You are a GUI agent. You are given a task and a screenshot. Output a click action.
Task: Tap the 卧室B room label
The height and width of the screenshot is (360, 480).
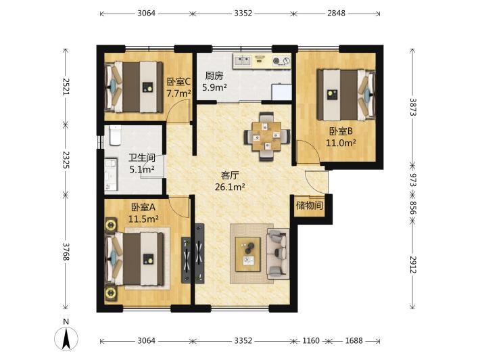(341, 131)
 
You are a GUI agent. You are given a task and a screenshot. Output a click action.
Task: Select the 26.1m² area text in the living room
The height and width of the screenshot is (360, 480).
(230, 187)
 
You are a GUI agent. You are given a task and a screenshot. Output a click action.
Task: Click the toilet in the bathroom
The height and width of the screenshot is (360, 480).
(115, 135)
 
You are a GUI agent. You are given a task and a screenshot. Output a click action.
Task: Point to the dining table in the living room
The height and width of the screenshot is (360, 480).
(266, 136)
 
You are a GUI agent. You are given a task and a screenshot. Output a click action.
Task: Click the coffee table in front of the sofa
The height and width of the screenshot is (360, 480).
(248, 254)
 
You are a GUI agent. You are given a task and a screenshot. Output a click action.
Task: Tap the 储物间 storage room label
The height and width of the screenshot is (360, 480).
(310, 205)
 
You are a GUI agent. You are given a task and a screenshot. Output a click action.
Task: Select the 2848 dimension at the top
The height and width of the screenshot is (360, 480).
(337, 13)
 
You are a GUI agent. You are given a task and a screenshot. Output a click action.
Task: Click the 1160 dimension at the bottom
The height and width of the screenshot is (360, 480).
(311, 340)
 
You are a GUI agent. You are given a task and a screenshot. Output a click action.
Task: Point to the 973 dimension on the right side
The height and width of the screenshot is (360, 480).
(414, 180)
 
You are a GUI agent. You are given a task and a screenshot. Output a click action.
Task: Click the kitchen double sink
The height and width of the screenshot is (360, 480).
(242, 61)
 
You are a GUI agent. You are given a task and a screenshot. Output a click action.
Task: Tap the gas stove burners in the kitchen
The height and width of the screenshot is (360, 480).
(281, 61)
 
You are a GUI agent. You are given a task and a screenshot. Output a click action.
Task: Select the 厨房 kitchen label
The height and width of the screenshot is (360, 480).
(214, 76)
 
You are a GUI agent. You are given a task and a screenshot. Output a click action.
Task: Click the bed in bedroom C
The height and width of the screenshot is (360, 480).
(134, 87)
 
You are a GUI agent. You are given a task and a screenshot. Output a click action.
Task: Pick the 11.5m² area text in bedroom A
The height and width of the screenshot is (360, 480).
(143, 219)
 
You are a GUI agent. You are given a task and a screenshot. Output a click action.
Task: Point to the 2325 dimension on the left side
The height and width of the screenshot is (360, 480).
(66, 160)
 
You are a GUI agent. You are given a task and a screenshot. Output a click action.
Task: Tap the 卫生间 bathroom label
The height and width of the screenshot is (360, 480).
(142, 158)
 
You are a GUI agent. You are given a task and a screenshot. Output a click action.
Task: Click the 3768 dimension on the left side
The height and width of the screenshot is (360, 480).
(66, 252)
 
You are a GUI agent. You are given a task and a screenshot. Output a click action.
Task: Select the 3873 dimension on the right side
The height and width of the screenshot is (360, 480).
(414, 107)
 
